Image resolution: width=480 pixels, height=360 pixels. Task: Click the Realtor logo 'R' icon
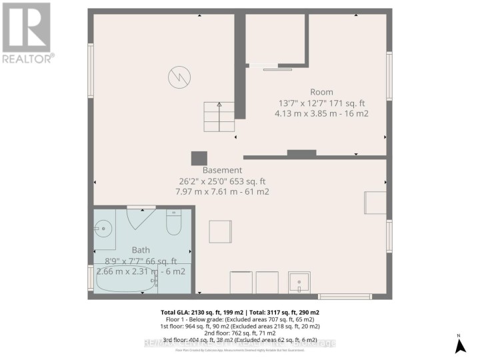coord(26,27)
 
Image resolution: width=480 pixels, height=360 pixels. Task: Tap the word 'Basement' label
coord(222,170)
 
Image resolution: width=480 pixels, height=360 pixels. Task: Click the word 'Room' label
coord(321,92)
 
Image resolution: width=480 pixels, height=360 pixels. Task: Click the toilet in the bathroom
coord(173,223)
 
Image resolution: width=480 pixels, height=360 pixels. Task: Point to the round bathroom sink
coord(104,227)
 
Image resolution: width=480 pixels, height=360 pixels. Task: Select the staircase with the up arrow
coord(219,117)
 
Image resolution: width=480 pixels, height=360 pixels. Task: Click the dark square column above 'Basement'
coord(199,159)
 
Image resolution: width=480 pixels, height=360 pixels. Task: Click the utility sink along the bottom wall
coord(299,283)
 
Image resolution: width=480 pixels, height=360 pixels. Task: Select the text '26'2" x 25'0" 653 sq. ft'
coord(222,181)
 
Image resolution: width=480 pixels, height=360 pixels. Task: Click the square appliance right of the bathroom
coord(221,232)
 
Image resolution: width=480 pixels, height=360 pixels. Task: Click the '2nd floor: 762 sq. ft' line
coord(239,331)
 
